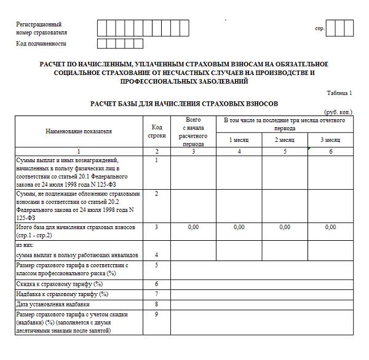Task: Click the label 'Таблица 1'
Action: (339, 93)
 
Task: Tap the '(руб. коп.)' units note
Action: (338, 112)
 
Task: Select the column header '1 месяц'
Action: (239, 140)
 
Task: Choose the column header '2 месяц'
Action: (285, 140)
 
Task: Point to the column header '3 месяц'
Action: (330, 140)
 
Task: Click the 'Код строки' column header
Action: (157, 131)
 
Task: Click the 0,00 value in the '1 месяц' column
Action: (239, 227)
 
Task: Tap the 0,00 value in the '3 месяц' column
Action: (330, 227)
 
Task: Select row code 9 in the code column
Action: (157, 315)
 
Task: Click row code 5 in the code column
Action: (157, 265)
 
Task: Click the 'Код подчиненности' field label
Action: (41, 44)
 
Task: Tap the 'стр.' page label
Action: (319, 29)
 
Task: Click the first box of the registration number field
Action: (103, 28)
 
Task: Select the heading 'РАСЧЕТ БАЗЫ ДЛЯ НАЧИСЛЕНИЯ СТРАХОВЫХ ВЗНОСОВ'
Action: (184, 104)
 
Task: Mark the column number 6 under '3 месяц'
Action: (330, 151)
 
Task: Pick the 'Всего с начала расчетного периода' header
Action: (193, 131)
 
